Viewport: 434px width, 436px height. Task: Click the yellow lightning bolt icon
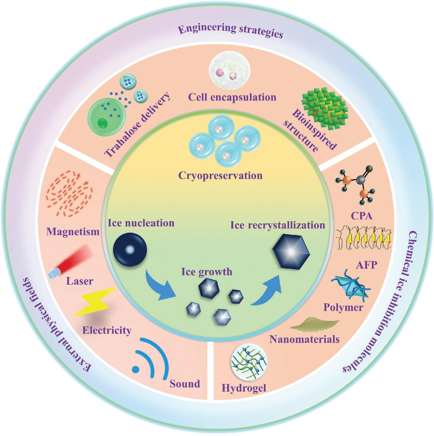95,302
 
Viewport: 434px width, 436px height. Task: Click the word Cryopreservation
220,176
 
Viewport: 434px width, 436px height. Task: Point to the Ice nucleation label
141,223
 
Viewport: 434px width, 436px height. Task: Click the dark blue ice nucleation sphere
130,249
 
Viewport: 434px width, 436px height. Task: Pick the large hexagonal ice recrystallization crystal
291,251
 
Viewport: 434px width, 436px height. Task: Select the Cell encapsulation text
232,97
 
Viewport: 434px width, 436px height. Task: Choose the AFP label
366,265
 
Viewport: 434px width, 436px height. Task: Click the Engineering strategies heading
230,31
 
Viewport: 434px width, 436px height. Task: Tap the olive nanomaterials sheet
315,324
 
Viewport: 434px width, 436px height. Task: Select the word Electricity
107,330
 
